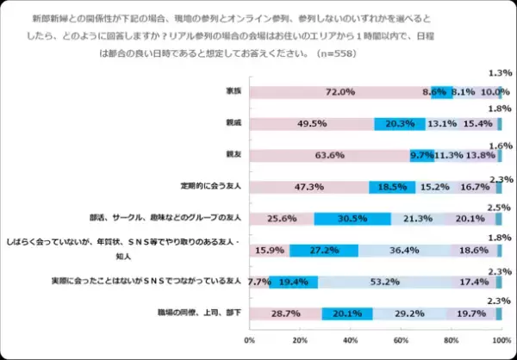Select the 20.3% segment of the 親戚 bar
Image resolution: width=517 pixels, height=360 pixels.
click(x=399, y=124)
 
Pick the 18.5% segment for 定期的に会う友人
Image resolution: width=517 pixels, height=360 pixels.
click(x=391, y=187)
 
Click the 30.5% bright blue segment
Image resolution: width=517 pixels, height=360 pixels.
click(x=352, y=219)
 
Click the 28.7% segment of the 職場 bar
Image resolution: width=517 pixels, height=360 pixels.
click(x=284, y=313)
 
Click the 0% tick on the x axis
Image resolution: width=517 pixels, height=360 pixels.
click(x=250, y=341)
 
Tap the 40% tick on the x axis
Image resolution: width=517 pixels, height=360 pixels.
click(x=350, y=341)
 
